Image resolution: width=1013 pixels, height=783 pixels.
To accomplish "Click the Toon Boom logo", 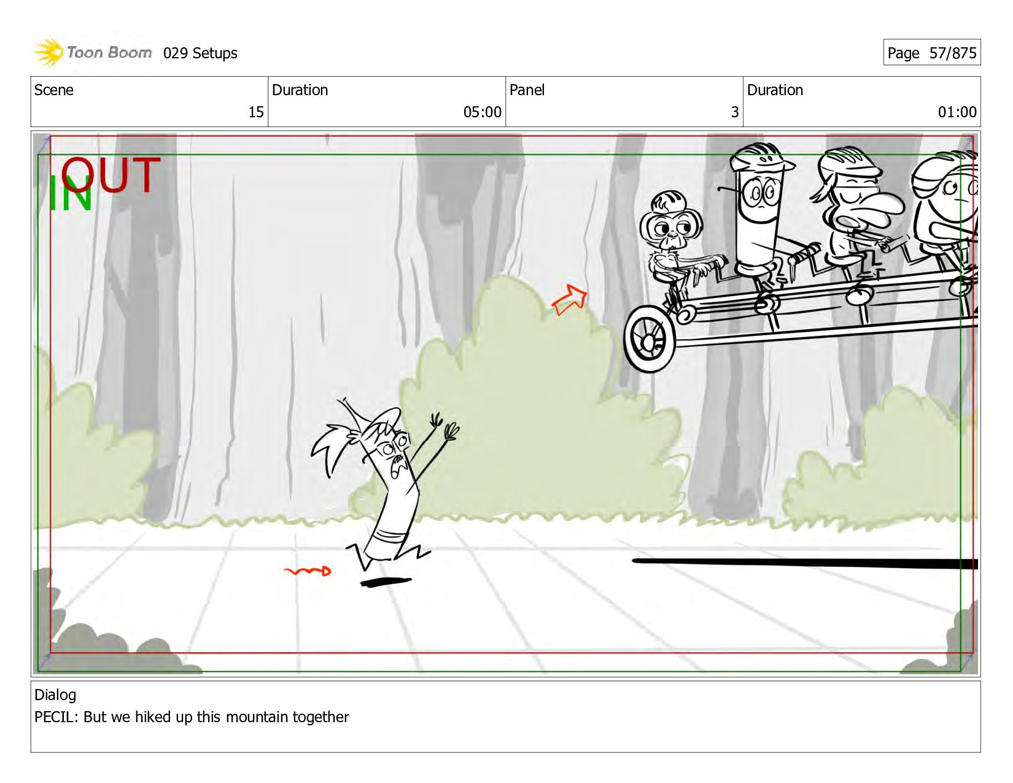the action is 92,52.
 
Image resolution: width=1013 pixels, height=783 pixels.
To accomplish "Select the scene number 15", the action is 256,112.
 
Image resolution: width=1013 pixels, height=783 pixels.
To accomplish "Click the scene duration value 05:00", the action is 482,112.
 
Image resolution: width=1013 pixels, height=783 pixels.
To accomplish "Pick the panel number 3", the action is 735,112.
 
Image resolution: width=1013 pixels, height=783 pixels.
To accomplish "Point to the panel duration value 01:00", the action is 957,112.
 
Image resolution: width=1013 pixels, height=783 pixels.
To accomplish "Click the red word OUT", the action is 111,175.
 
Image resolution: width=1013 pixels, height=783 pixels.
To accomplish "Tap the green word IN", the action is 70,193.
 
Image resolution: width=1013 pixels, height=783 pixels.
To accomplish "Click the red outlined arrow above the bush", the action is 570,300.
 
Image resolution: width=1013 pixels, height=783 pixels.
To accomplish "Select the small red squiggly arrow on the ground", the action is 308,571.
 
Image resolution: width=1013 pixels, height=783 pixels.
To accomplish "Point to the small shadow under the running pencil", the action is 386,582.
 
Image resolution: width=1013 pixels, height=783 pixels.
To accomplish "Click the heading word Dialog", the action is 55,695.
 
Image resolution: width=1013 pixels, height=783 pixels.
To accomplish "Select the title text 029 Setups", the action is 200,53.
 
